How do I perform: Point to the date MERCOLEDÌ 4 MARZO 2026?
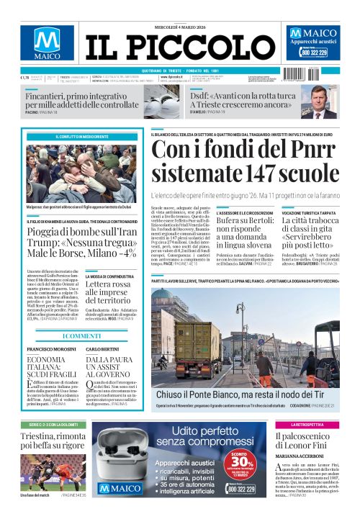(x=179, y=27)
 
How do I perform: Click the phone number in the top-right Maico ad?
(x=315, y=53)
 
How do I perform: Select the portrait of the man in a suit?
(x=323, y=101)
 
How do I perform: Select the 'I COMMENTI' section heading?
(x=82, y=335)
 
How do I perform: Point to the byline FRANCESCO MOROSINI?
(x=48, y=348)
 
